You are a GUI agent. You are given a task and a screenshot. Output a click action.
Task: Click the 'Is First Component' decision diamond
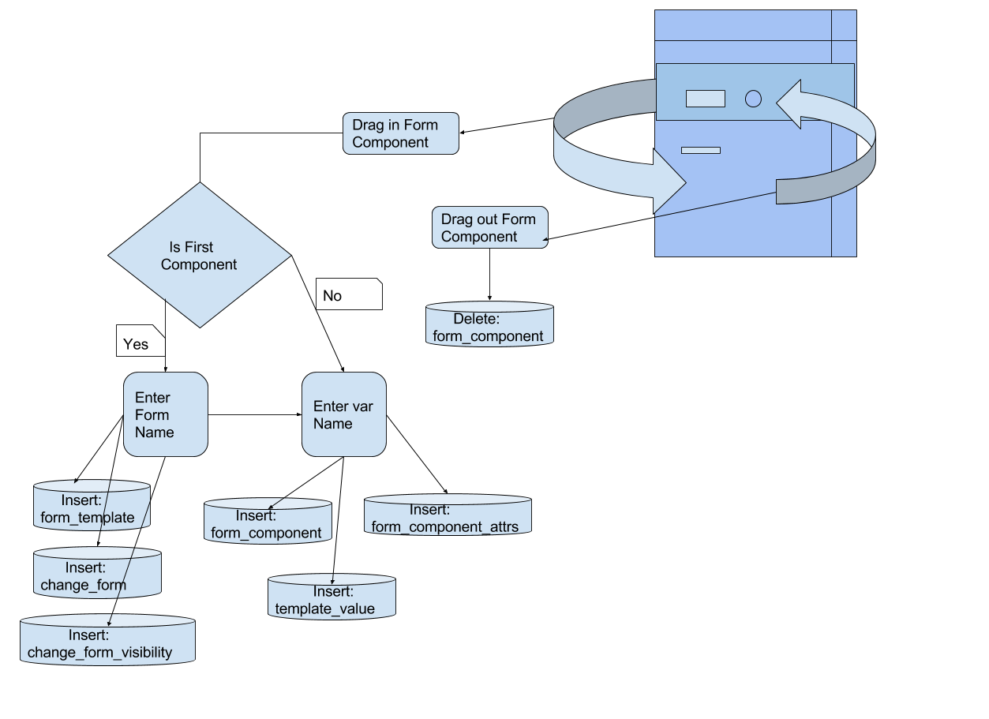pyautogui.click(x=199, y=255)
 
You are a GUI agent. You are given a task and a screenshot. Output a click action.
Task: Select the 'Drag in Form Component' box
pyautogui.click(x=400, y=133)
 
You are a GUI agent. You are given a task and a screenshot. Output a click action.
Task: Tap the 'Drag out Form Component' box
pyautogui.click(x=489, y=228)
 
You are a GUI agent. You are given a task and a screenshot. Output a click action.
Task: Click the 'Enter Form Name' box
pyautogui.click(x=166, y=414)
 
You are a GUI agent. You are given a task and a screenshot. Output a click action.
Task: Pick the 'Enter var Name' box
pyautogui.click(x=344, y=414)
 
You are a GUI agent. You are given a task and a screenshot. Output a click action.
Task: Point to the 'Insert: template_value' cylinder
pyautogui.click(x=332, y=597)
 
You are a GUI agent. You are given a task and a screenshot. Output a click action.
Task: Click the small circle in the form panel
pyautogui.click(x=754, y=99)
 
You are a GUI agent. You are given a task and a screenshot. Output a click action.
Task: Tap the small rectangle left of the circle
pyautogui.click(x=705, y=99)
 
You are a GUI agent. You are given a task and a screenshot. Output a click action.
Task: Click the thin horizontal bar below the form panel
pyautogui.click(x=701, y=150)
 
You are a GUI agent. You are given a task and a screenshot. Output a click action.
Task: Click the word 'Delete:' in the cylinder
pyautogui.click(x=477, y=319)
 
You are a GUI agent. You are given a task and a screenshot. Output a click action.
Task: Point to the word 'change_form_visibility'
pyautogui.click(x=99, y=652)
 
